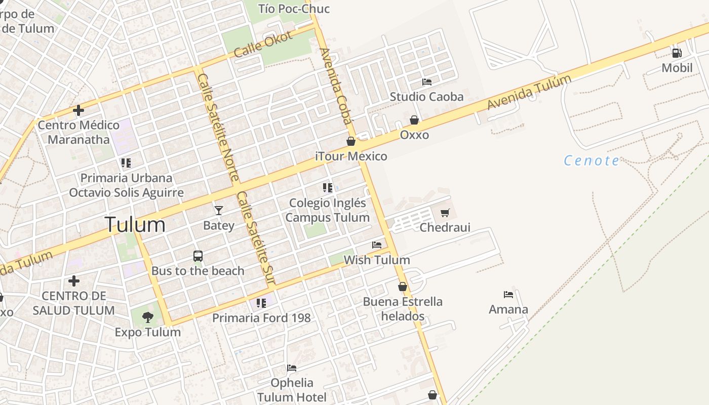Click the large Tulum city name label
[135, 224]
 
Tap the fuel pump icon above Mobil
[677, 53]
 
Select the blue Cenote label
[592, 161]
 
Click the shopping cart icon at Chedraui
[445, 213]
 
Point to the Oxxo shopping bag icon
[414, 120]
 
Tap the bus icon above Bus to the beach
[198, 256]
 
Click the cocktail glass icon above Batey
[219, 210]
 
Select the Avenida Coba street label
[336, 86]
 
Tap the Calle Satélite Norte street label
[218, 128]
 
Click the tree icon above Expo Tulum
[148, 317]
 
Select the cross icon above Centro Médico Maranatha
[78, 110]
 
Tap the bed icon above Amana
[508, 294]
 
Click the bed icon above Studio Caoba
[427, 82]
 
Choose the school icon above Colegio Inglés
[328, 188]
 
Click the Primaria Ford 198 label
[261, 318]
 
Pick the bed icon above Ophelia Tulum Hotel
[292, 368]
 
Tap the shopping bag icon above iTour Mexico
[351, 141]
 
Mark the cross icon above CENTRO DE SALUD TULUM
[74, 280]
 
